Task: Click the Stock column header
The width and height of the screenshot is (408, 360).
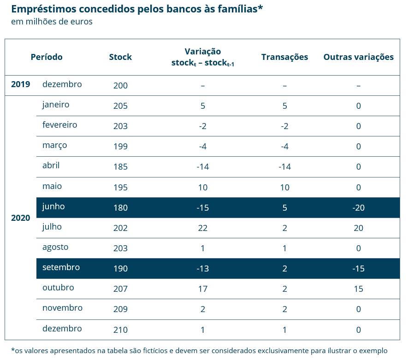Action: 120,57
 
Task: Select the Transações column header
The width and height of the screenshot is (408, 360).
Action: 284,57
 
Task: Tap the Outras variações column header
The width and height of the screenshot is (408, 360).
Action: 358,57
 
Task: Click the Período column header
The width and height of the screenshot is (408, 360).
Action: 47,57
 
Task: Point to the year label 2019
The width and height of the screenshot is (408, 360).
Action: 21,84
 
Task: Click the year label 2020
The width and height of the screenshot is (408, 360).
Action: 21,218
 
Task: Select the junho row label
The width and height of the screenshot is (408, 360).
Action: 53,207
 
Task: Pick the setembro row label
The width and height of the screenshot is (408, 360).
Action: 61,267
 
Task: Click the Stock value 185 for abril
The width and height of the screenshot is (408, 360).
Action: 120,166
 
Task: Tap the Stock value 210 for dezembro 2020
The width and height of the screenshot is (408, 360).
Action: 120,330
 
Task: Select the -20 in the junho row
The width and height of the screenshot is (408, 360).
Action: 358,208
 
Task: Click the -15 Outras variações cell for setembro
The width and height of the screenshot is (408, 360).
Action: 358,269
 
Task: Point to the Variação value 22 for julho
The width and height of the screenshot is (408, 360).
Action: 203,228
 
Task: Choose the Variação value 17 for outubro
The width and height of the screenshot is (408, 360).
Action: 203,289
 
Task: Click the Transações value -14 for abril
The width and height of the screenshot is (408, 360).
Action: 284,166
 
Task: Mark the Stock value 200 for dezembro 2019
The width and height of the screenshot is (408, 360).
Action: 120,85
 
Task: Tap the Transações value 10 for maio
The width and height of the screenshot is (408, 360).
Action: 284,187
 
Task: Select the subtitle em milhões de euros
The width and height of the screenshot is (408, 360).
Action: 52,22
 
